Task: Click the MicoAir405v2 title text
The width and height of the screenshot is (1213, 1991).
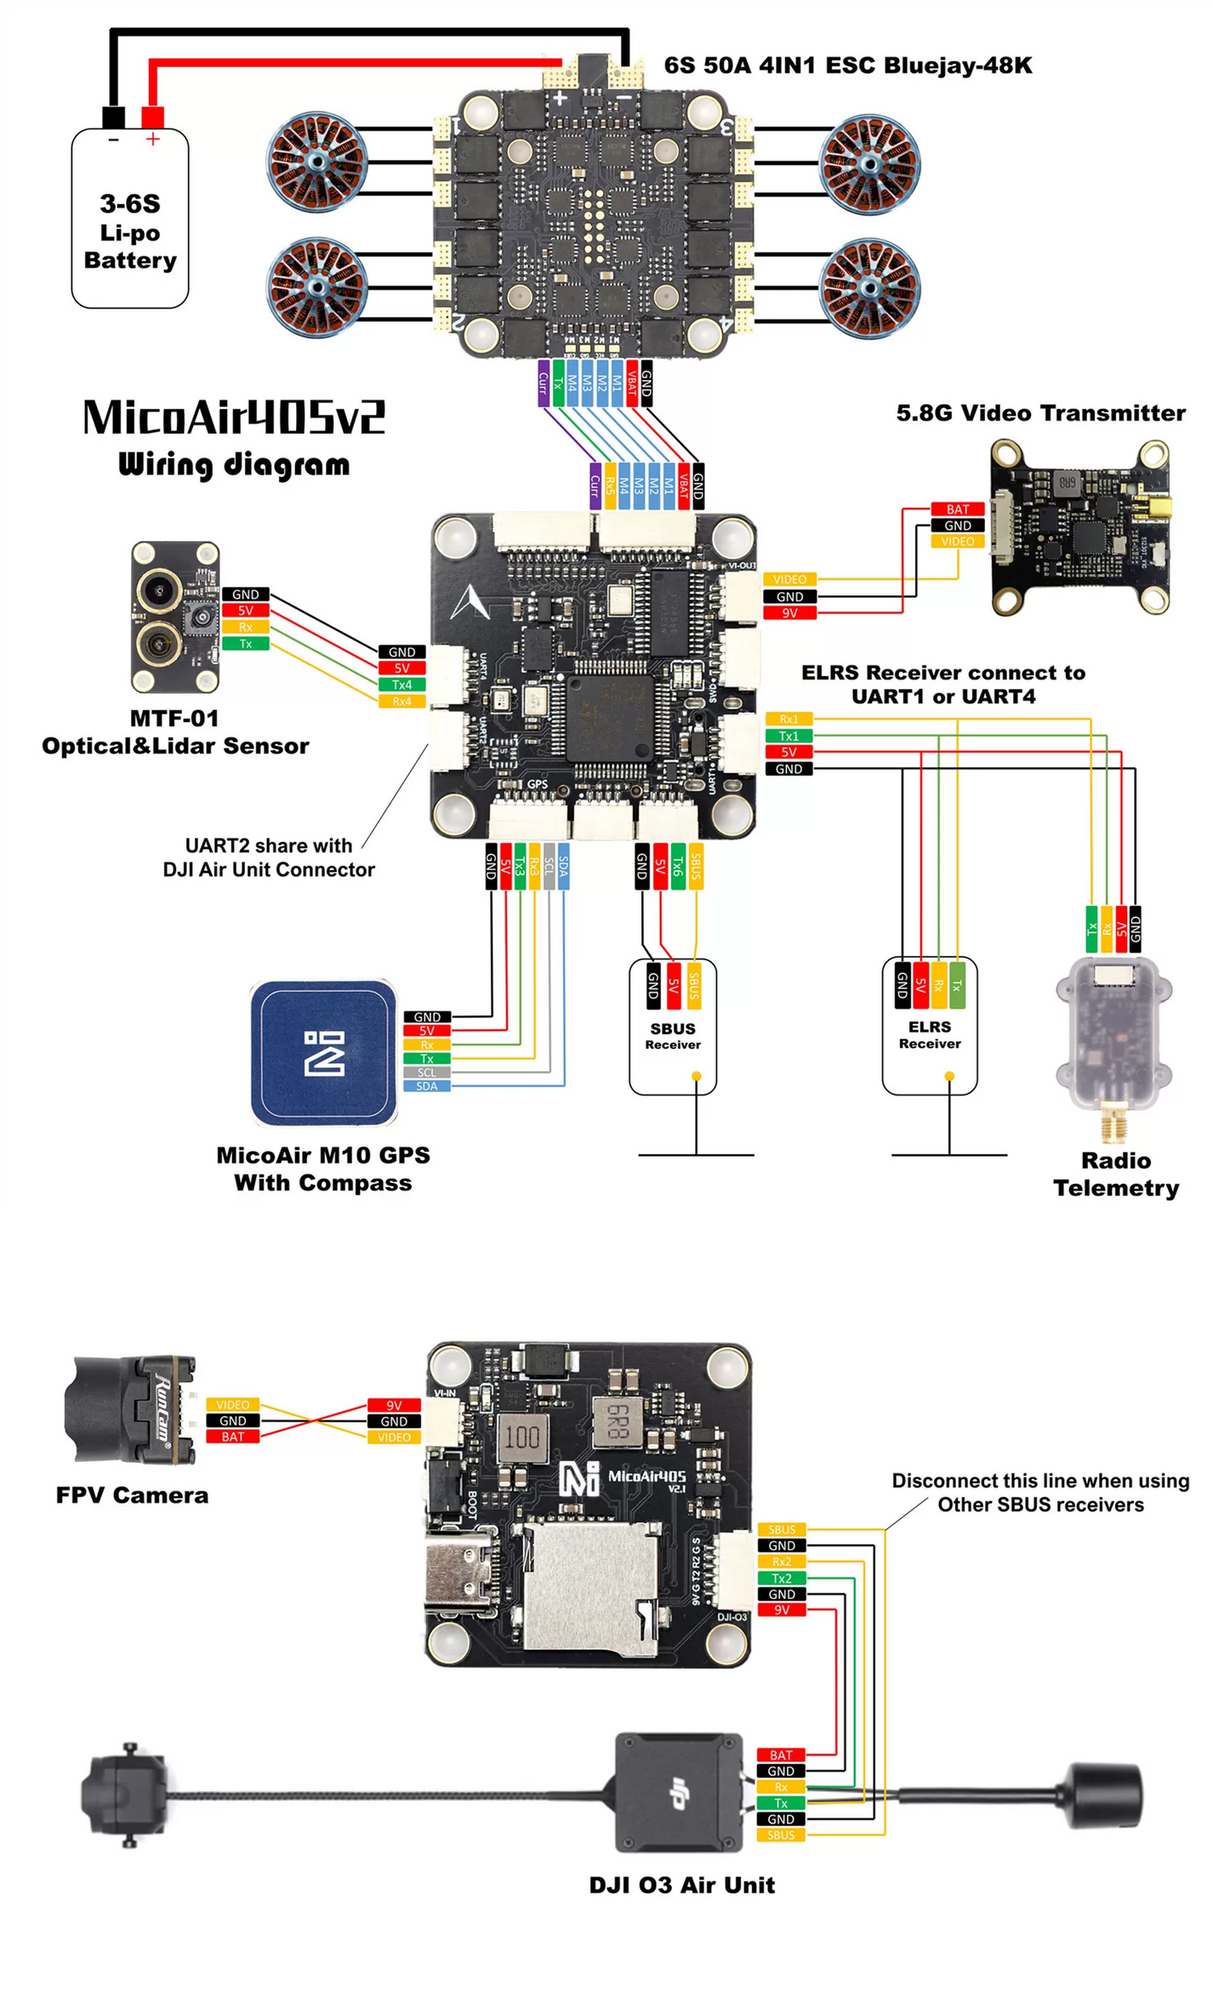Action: (x=234, y=418)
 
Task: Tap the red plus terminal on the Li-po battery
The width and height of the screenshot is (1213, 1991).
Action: (x=152, y=117)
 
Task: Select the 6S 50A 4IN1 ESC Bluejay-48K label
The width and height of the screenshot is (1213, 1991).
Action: (x=847, y=65)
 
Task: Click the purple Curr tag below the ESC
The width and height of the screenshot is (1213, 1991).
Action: (x=543, y=384)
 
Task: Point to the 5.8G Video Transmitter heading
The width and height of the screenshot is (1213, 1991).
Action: (x=1039, y=413)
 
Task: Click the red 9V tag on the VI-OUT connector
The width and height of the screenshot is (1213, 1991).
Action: (x=789, y=613)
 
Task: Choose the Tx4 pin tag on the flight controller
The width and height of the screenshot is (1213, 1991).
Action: (x=401, y=685)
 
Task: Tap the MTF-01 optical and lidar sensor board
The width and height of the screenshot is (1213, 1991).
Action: (x=175, y=617)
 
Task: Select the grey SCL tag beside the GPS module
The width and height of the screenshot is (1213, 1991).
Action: (x=426, y=1072)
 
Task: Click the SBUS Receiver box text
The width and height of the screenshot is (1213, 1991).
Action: (x=673, y=1036)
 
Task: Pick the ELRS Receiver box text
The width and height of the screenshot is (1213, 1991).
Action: (x=929, y=1034)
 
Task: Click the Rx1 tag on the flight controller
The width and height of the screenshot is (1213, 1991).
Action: (x=789, y=720)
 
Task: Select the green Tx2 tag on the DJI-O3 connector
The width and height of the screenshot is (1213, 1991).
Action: (x=781, y=1579)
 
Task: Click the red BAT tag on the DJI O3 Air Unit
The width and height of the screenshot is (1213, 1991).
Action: (x=780, y=1755)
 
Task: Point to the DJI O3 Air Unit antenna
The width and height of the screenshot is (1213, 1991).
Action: (x=1105, y=1795)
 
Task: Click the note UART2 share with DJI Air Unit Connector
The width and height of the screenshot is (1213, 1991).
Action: (x=269, y=857)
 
